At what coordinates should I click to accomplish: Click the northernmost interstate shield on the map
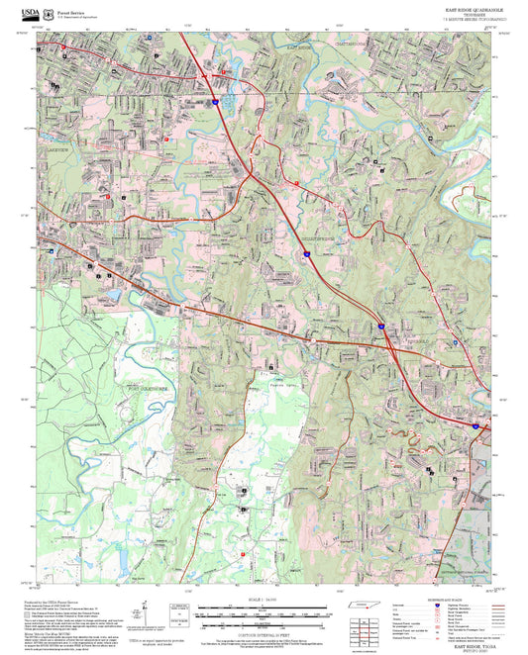tap(212, 101)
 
